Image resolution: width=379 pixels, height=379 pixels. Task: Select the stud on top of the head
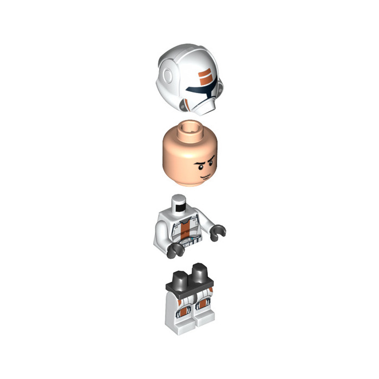pyautogui.click(x=189, y=127)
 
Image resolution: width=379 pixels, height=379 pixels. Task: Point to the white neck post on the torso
pyautogui.click(x=178, y=205)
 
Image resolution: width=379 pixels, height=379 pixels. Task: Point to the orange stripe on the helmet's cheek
pyautogui.click(x=189, y=103)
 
